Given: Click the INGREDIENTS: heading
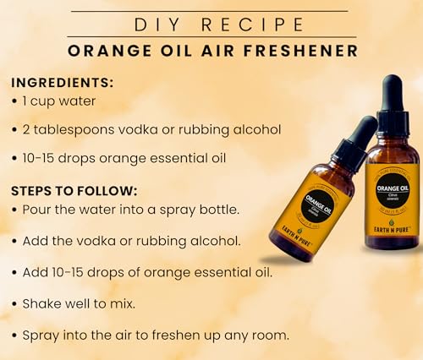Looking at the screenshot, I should (62, 84).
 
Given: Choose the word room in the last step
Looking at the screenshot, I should (271, 335).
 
